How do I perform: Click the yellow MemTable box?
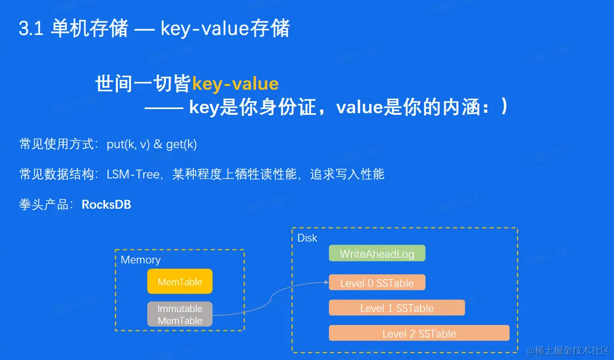click(x=180, y=281)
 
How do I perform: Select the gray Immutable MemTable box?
click(x=180, y=314)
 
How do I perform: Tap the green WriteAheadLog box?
click(x=377, y=253)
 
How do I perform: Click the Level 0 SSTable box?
click(x=377, y=283)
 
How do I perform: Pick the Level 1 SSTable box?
click(x=397, y=308)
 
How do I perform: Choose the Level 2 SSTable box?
click(x=419, y=333)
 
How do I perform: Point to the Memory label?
click(x=140, y=260)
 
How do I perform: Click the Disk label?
click(x=308, y=238)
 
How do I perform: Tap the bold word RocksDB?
click(x=107, y=205)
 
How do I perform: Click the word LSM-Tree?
click(x=133, y=174)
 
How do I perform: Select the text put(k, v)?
click(x=128, y=145)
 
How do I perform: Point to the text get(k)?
click(x=181, y=145)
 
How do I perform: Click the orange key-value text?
click(x=235, y=84)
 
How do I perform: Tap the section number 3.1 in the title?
click(x=31, y=29)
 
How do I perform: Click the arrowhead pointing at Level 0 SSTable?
click(x=327, y=282)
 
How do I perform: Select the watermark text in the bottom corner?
click(x=568, y=350)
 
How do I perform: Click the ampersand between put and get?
click(x=158, y=144)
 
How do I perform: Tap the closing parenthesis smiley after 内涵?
click(x=504, y=106)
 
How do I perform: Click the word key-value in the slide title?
click(x=205, y=29)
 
